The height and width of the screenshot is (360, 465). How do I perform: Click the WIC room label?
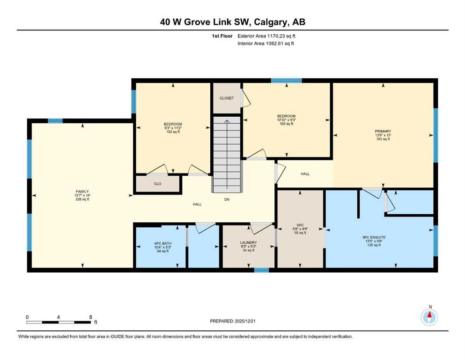[300, 229]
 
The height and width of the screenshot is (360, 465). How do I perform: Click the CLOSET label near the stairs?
[227, 98]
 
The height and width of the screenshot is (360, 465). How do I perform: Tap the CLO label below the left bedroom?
[157, 184]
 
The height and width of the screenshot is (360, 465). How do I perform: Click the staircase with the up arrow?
[227, 155]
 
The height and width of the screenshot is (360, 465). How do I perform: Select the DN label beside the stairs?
[227, 199]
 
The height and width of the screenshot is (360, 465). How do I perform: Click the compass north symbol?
[429, 316]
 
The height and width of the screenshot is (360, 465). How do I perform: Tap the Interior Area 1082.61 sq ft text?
[266, 44]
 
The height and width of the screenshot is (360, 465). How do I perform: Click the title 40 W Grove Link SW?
[232, 22]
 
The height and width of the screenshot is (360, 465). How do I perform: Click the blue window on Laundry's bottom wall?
[261, 270]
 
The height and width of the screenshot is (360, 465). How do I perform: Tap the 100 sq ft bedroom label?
[286, 120]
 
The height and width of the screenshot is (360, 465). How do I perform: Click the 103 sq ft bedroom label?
[172, 127]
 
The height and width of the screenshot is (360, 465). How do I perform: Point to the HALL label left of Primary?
[305, 174]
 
